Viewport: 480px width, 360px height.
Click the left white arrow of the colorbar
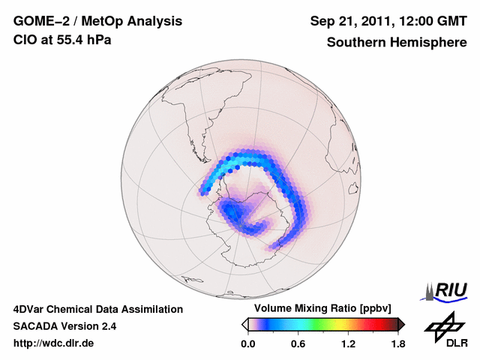[244, 324]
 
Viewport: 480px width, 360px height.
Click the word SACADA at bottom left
[34, 326]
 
